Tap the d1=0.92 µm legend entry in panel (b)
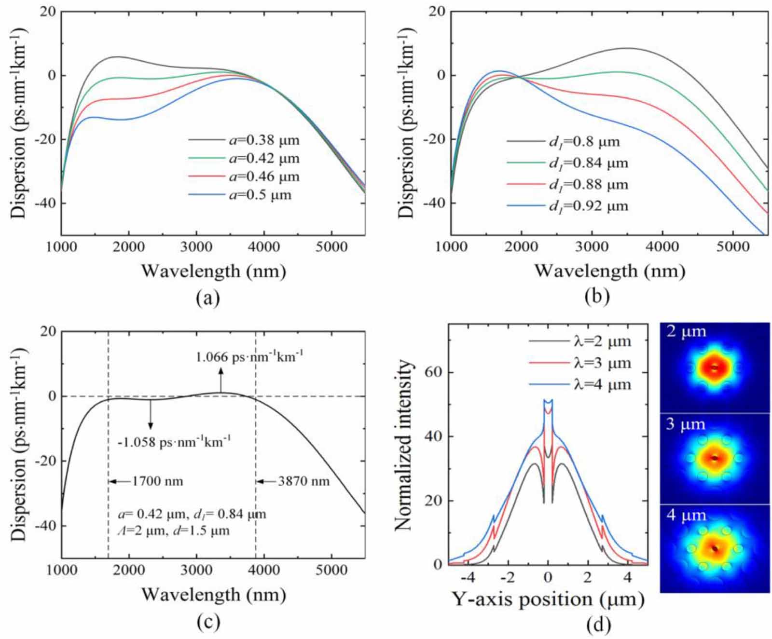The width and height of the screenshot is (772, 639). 588,206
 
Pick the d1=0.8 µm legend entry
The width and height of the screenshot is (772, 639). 584,141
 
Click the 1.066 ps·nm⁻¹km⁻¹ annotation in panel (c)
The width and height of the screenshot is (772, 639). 249,357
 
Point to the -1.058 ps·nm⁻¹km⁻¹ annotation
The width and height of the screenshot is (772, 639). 175,441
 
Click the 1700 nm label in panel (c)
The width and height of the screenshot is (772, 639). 157,481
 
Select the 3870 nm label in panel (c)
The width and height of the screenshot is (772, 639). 303,481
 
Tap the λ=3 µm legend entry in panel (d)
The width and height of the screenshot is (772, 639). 602,363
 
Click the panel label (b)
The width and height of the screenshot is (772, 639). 597,296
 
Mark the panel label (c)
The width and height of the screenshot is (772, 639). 208,622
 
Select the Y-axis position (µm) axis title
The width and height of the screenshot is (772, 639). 548,599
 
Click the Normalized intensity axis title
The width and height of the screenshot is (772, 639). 404,445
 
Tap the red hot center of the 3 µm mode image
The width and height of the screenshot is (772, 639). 715,458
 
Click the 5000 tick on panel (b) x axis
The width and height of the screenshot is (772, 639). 732,247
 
